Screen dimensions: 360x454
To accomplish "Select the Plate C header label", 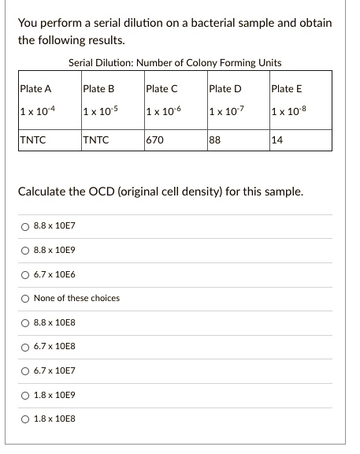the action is click(x=161, y=88).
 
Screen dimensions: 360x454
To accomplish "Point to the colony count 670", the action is click(x=154, y=142).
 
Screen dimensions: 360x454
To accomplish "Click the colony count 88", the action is click(x=214, y=142).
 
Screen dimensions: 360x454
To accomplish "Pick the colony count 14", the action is click(x=276, y=142).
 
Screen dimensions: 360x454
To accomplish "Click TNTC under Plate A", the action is click(x=33, y=142).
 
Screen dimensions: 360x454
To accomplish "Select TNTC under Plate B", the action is click(x=96, y=142).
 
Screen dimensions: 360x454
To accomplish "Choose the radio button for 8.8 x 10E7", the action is click(x=26, y=227).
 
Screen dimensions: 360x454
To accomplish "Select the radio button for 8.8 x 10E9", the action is click(x=26, y=251).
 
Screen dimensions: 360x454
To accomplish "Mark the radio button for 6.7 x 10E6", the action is click(x=26, y=274).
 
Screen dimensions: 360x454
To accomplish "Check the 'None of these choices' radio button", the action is click(x=26, y=298).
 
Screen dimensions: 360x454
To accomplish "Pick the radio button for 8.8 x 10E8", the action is click(x=26, y=322).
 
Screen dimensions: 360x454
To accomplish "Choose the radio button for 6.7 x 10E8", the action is click(x=26, y=346).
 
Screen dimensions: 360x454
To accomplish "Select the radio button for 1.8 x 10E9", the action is click(x=26, y=394).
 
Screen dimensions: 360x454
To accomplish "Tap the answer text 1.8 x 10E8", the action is click(x=54, y=418).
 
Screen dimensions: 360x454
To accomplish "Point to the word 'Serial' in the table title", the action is click(x=81, y=63).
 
